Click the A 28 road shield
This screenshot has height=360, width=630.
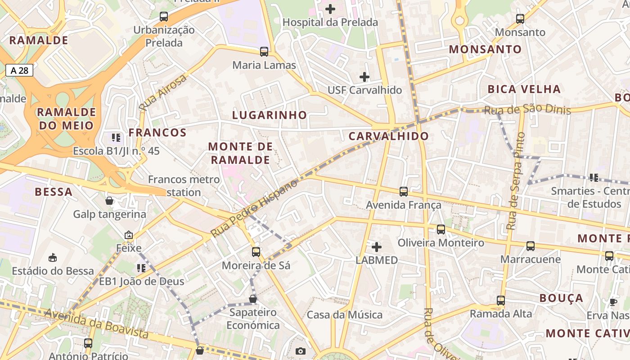point(19,70)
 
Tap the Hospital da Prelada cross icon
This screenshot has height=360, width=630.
point(330,9)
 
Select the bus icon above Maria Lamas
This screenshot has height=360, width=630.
point(264,52)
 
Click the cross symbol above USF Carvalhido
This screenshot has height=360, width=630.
point(364,77)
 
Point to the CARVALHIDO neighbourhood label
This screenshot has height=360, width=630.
point(388,136)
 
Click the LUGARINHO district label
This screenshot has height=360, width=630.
point(269,115)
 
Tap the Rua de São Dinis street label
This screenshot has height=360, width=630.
point(527,109)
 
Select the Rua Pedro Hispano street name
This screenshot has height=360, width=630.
point(254,208)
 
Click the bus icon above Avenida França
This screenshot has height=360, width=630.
point(404,192)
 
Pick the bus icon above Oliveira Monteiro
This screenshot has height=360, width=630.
point(441,229)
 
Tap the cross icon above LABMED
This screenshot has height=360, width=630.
point(377,247)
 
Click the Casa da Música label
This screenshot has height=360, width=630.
point(344,315)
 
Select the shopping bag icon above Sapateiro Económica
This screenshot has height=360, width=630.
point(253,299)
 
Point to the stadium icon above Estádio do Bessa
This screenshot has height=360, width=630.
point(53,257)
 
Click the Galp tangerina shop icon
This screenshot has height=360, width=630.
point(109,201)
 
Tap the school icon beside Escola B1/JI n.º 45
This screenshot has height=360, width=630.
point(116,138)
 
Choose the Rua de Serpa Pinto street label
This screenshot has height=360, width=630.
point(515,181)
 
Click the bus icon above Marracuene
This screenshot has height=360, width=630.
point(531,246)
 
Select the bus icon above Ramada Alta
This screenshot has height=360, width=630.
point(501,300)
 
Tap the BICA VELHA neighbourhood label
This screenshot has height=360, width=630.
point(524,89)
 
